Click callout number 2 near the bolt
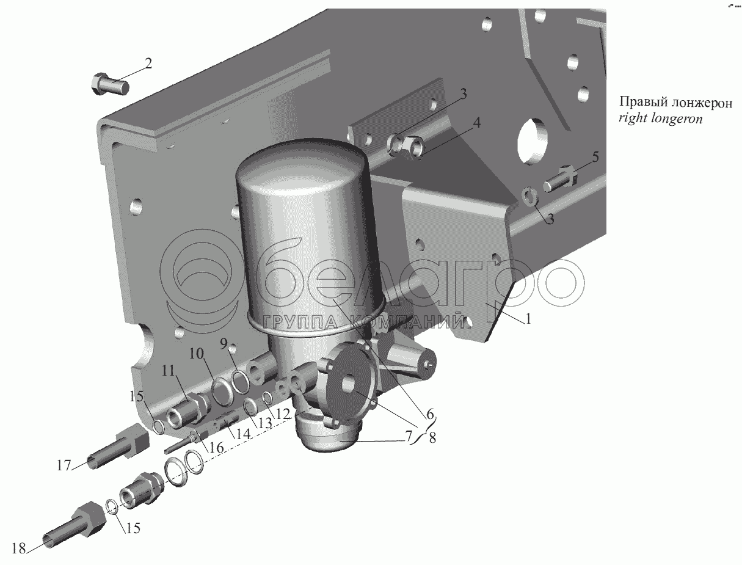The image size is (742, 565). point(148,64)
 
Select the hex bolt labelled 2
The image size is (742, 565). point(110,84)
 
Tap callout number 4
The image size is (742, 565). point(476,123)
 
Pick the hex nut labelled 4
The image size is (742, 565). point(413,147)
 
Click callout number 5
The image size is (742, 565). point(595,157)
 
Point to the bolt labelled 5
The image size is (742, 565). point(560,178)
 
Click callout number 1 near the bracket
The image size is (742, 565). point(528,318)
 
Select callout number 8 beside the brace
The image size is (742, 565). point(432,438)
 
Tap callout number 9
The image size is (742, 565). point(224,344)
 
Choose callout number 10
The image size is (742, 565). point(197,354)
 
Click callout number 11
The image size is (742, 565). point(168,371)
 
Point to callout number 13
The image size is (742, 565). point(265,423)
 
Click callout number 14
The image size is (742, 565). point(244,434)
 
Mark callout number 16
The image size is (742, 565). point(216,448)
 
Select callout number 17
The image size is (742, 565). point(64,466)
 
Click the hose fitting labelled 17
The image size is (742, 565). point(117,445)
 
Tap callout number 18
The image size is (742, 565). point(19,549)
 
